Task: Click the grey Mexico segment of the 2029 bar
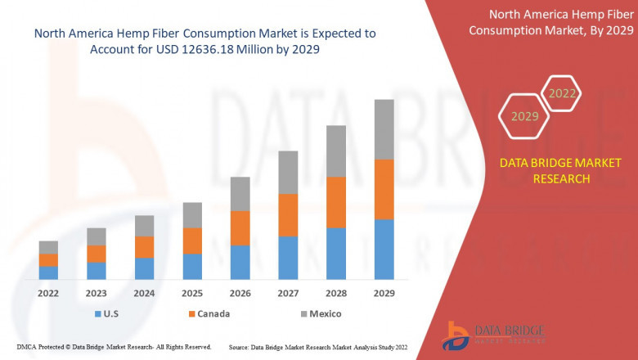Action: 384,129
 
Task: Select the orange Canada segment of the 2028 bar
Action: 336,202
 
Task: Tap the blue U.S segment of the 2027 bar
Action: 288,257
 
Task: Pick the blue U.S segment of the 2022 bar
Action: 48,272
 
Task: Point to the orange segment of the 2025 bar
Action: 192,241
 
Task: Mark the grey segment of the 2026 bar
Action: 240,194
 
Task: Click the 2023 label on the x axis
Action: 97,293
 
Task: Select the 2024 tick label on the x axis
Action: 144,293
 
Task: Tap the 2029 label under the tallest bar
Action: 384,293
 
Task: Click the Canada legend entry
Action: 208,313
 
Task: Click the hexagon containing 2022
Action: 562,93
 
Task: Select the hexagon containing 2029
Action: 524,116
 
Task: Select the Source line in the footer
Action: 318,347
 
